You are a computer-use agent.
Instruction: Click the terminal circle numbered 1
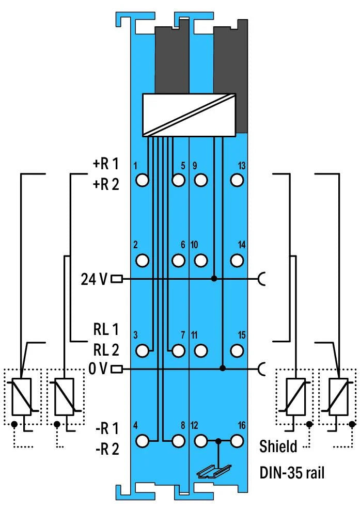[x=142, y=180]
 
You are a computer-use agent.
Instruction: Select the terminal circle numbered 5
[x=178, y=180]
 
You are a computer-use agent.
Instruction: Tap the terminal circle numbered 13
[x=237, y=180]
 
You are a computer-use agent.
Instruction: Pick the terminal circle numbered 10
[x=200, y=261]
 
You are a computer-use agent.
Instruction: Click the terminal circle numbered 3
[x=142, y=350]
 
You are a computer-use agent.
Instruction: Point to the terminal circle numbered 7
[x=178, y=350]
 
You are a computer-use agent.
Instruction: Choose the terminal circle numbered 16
[x=237, y=441]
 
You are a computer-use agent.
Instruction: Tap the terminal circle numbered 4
[x=142, y=441]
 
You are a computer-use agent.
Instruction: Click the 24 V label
[x=94, y=279]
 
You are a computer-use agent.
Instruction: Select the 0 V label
[x=98, y=369]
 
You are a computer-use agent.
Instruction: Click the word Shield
[x=278, y=446]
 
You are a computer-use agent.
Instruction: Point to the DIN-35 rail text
[x=292, y=472]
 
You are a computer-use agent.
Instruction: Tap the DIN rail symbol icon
[x=214, y=472]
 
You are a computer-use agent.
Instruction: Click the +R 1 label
[x=106, y=164]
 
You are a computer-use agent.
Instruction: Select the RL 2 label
[x=106, y=350]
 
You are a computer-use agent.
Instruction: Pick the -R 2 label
[x=107, y=449]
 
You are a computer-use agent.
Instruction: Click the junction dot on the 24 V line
[x=214, y=279]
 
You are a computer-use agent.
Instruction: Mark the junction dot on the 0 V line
[x=223, y=369]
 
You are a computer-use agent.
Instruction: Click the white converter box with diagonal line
[x=189, y=115]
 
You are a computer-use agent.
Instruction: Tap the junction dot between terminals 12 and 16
[x=218, y=441]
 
